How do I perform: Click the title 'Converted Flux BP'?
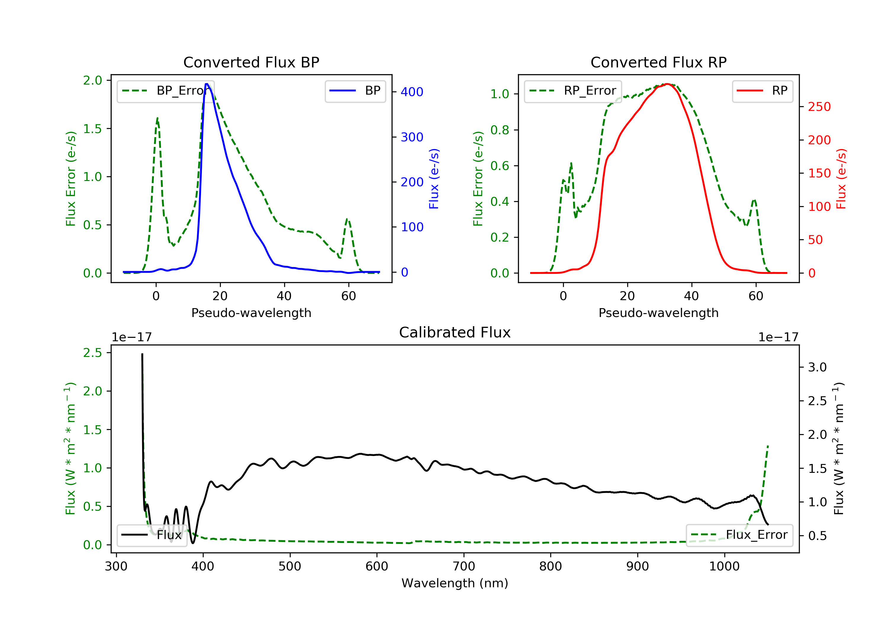251,62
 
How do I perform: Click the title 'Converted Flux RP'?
658,62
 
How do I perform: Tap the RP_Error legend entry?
573,91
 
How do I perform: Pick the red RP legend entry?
762,91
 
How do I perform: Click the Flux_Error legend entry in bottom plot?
739,535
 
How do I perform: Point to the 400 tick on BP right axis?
411,92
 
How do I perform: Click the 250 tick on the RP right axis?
819,107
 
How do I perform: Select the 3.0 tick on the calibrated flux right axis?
817,367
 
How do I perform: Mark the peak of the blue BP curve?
207,84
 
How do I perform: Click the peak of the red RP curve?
667,84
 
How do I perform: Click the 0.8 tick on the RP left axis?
500,130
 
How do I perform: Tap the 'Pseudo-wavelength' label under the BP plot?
251,313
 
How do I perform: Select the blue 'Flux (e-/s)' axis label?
434,179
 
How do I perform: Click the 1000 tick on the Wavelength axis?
724,567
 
